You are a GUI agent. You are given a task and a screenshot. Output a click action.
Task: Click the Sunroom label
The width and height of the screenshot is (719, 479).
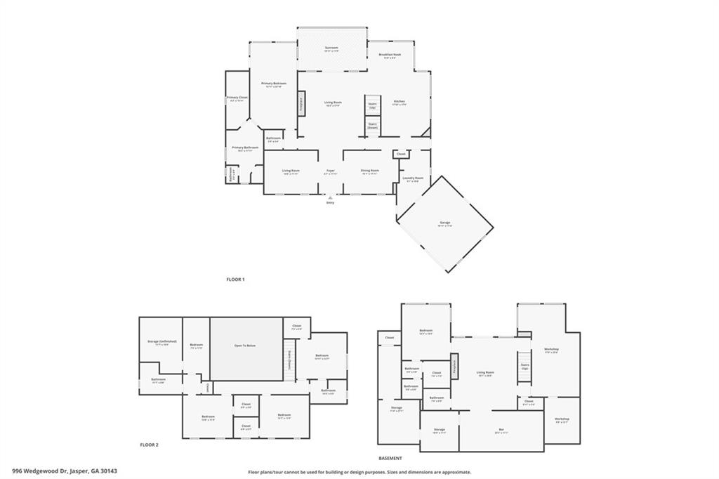(x=332, y=48)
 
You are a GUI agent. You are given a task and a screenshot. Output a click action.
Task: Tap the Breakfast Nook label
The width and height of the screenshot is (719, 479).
(x=390, y=55)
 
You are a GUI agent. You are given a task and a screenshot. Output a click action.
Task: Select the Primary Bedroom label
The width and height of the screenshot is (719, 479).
(x=274, y=84)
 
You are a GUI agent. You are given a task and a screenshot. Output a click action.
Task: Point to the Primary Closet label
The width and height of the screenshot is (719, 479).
(x=237, y=98)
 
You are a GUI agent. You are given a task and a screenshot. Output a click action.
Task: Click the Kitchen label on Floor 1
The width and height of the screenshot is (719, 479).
(x=399, y=102)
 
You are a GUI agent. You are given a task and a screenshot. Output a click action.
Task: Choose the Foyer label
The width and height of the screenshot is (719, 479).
(x=330, y=171)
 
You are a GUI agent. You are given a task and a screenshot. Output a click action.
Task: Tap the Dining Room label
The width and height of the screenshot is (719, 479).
(x=370, y=171)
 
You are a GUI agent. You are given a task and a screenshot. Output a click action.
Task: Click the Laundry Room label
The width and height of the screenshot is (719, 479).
(x=413, y=178)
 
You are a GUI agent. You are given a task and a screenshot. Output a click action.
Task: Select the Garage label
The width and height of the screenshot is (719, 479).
(x=445, y=223)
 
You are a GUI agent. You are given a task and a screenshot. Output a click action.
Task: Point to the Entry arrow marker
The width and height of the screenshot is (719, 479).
(x=330, y=198)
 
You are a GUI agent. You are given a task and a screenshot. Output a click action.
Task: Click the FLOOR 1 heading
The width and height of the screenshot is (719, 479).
(x=235, y=280)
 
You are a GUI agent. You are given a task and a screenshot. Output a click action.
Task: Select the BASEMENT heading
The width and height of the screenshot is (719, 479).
(x=390, y=457)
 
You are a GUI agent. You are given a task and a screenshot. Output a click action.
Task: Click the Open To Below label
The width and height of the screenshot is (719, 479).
(x=245, y=346)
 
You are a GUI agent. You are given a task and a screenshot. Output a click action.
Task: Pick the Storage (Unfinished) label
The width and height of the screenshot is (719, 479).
(x=162, y=342)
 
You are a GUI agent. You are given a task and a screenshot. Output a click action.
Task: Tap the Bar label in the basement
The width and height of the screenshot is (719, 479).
(x=501, y=429)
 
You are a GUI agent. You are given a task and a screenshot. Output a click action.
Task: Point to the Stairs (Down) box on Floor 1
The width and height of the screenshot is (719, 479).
(x=372, y=126)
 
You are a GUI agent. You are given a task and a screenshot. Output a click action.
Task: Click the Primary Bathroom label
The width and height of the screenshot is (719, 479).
(x=245, y=147)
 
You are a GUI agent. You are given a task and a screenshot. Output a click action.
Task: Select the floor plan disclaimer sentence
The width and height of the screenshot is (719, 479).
(x=359, y=472)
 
